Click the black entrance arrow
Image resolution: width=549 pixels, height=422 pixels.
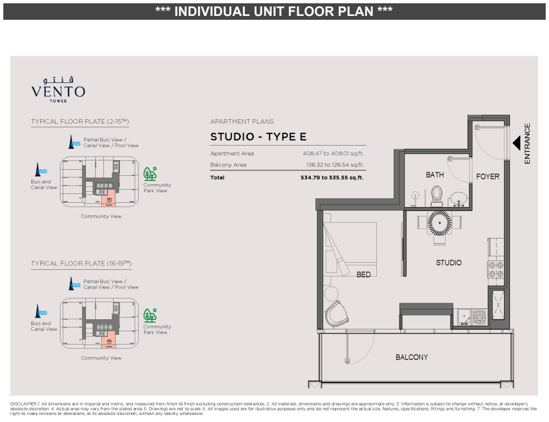click(517, 143)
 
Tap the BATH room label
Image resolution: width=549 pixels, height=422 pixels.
click(435, 175)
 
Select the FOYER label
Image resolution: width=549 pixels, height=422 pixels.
click(487, 176)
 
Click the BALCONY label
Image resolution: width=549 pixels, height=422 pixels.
click(411, 357)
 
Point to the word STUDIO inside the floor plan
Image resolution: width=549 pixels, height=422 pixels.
click(448, 263)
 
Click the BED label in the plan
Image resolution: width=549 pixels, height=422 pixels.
click(364, 274)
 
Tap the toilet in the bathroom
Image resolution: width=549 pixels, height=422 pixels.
click(437, 195)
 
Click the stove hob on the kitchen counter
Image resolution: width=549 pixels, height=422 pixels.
click(496, 269)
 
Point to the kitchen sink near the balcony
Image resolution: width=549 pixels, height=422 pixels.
click(472, 317)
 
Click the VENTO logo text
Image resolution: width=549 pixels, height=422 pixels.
click(58, 91)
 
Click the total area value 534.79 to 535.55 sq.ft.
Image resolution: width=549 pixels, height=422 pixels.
click(332, 177)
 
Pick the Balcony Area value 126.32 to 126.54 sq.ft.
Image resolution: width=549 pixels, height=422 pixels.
click(333, 165)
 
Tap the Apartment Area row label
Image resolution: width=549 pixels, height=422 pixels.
click(232, 154)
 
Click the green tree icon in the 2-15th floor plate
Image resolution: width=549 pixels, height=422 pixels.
click(150, 174)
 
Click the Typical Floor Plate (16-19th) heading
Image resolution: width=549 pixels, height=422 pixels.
click(81, 264)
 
